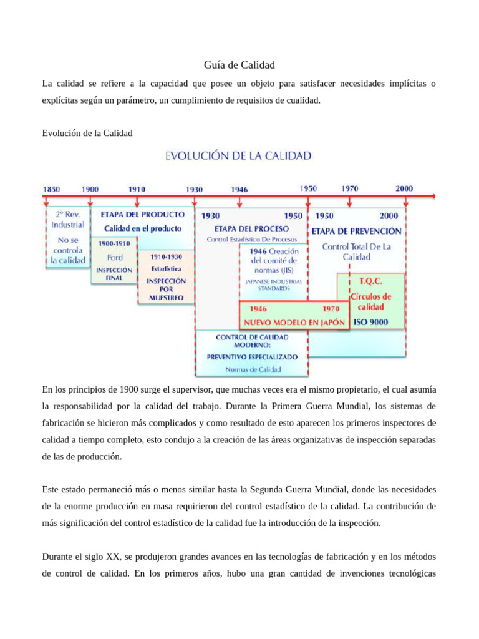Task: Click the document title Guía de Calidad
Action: tap(239, 65)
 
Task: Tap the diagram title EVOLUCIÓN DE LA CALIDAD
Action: tap(238, 156)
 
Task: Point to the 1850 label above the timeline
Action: tap(51, 188)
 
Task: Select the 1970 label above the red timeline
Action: tap(349, 188)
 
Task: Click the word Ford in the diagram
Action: tap(115, 257)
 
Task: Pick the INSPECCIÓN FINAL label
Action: tap(114, 274)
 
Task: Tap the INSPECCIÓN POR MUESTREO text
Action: tap(166, 289)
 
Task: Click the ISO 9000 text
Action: tap(370, 322)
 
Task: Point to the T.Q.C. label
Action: tap(370, 281)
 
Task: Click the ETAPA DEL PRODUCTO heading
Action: tap(143, 214)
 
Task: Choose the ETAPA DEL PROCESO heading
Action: tap(251, 228)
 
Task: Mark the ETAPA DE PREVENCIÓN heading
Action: tap(357, 230)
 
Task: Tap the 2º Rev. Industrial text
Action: tap(67, 219)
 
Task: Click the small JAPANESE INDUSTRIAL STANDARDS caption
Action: tap(273, 285)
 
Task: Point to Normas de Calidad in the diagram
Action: tap(253, 369)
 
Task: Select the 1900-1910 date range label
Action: tap(114, 243)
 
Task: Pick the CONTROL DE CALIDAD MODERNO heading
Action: tap(252, 341)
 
